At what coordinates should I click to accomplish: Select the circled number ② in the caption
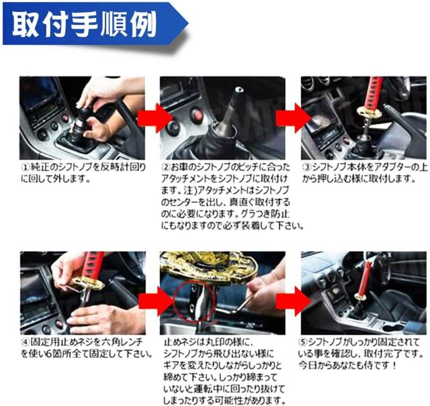click(166, 166)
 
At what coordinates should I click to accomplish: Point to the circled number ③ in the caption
click(306, 165)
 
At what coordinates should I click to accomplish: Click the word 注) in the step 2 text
click(193, 190)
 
